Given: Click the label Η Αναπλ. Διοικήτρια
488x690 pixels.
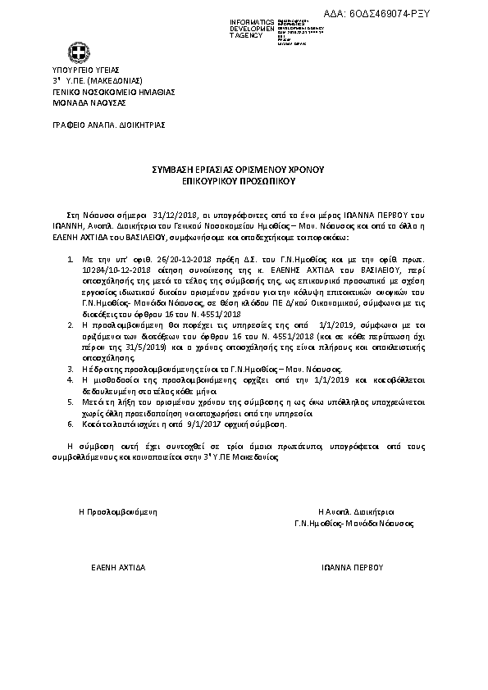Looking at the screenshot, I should click(351, 511).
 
